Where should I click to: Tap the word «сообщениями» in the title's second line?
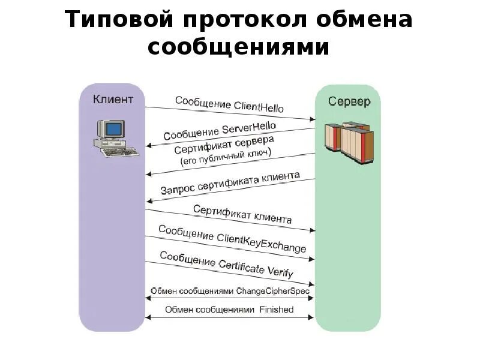[x=239, y=47]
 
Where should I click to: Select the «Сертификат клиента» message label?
[x=242, y=214]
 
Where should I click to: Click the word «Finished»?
[x=277, y=310]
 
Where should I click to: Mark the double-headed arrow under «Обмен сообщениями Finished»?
[x=229, y=317]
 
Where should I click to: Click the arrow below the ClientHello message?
[x=229, y=115]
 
